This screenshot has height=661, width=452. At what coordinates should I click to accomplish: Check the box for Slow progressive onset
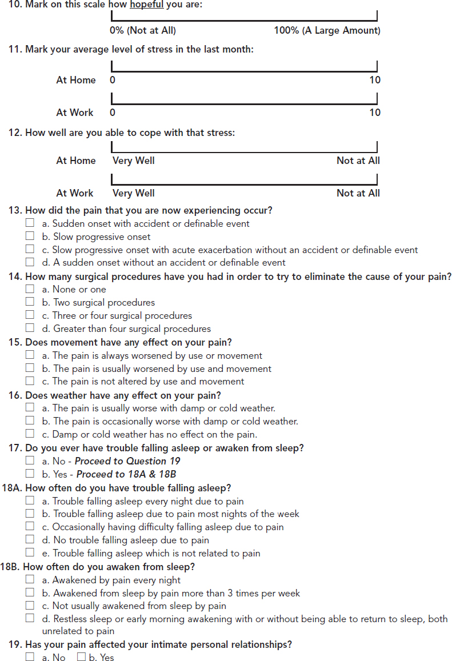[30, 237]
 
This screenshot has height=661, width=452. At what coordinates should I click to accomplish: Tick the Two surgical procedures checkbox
[30, 302]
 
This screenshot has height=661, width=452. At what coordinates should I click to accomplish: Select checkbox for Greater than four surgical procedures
[30, 329]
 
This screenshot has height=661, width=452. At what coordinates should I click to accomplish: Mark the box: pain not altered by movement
[30, 381]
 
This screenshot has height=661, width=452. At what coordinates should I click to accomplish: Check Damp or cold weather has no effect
[30, 434]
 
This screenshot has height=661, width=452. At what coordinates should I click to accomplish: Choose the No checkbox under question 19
[30, 658]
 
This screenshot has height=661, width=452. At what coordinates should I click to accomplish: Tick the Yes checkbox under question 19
[81, 658]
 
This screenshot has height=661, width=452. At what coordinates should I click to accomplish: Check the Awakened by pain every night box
[30, 579]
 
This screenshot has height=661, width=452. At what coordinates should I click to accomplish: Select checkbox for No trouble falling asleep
[30, 540]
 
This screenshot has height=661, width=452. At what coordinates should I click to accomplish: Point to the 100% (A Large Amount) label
[327, 30]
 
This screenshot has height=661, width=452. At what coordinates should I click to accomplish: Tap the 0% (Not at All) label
[143, 30]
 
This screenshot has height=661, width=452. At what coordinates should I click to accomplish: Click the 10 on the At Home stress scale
[374, 81]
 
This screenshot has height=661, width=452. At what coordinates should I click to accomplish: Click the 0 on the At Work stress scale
[113, 113]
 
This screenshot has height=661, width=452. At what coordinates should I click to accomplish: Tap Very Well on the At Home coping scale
[133, 161]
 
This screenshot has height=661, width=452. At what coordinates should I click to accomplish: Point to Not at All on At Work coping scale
[358, 193]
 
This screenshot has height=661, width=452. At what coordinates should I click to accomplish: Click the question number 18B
[13, 567]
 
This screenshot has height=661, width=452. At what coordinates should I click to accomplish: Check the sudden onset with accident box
[30, 223]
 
